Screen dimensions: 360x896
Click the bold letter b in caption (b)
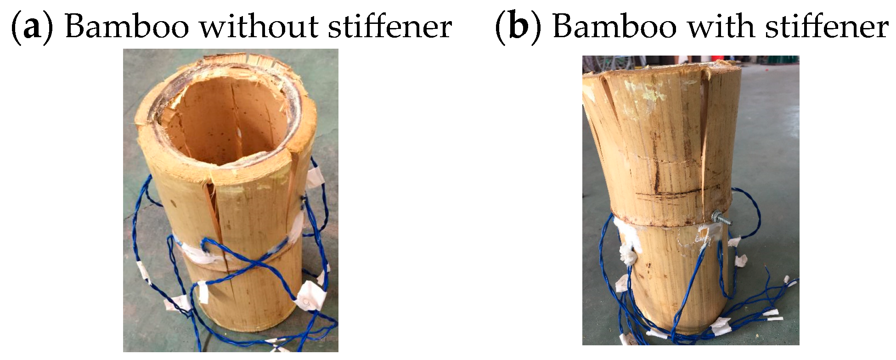[x=518, y=27]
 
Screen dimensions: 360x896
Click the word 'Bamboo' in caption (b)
[x=614, y=27]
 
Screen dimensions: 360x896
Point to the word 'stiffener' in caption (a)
[x=390, y=26]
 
